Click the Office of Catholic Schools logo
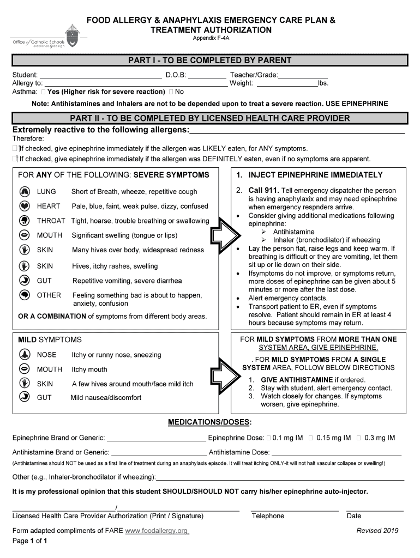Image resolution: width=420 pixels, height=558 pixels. coord(46,37)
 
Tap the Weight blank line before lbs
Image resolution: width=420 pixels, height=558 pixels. coord(287,84)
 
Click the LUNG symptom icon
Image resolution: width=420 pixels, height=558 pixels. coord(24,191)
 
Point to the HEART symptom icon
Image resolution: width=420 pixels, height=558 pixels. coord(24,206)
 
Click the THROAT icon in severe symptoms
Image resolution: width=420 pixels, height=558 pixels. coord(24,221)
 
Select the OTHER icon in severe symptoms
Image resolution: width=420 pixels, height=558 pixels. coord(24,295)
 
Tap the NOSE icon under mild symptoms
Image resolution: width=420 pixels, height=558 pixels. coord(24,354)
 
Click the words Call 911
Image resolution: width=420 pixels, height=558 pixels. coord(263,190)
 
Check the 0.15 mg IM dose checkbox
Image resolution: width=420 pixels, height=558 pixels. coord(310,438)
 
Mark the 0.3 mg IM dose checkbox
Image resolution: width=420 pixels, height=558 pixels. coord(358,438)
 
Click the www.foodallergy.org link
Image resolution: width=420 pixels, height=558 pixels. coord(157,531)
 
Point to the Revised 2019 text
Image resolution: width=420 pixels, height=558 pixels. coord(377,531)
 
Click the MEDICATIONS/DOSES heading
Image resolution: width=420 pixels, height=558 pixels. coord(209,422)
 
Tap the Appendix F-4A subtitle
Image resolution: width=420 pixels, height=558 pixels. coord(211,38)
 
